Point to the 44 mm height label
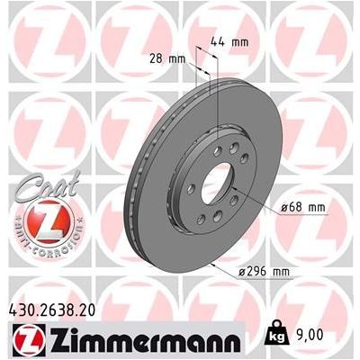pos(232,41)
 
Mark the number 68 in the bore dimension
pos(295,207)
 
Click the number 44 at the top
pos(223,41)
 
